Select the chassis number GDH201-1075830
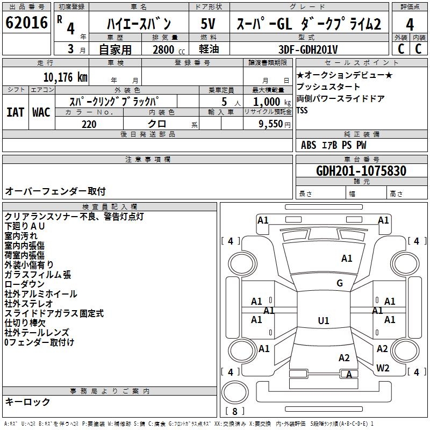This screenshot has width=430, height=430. pos(361,171)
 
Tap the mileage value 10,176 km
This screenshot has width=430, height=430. pos(65,77)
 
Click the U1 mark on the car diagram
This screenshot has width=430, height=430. pos(324,321)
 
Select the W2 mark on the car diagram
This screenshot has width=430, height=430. pos(383,368)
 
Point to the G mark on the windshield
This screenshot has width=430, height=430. pos(340,283)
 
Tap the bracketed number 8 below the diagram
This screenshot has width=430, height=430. pos(235,411)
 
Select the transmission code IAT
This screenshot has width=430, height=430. pos(15,112)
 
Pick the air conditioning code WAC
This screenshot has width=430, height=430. pos(41,112)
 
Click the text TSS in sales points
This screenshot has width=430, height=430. pos(302,110)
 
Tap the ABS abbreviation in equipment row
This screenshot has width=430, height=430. pos(309,145)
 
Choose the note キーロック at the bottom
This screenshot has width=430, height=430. pos(27,402)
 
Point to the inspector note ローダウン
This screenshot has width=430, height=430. pos(25,284)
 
